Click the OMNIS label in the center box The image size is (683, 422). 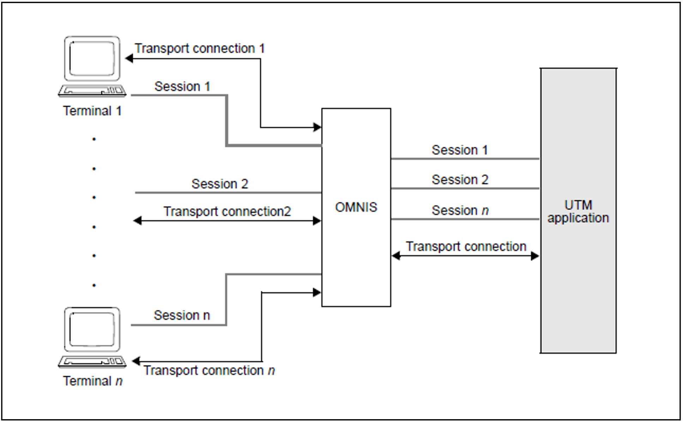click(356, 207)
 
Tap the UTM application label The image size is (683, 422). click(578, 212)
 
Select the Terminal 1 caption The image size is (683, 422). click(92, 111)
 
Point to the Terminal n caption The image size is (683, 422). click(93, 381)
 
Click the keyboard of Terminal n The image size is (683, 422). click(92, 362)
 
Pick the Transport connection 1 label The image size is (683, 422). click(200, 48)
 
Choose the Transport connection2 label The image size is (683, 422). click(227, 212)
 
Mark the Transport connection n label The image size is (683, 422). click(209, 370)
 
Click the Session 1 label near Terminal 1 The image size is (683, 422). click(182, 87)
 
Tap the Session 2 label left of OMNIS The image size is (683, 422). click(219, 184)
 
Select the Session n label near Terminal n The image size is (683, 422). click(182, 315)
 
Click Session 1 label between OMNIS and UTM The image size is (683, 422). click(460, 150)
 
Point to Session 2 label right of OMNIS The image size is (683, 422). click(460, 180)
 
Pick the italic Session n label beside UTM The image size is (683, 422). click(460, 210)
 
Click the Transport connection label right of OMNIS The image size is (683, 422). click(466, 246)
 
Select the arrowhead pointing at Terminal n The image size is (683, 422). click(136, 361)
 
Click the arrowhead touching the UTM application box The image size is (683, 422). click(535, 256)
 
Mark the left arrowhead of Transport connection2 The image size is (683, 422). click(138, 221)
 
